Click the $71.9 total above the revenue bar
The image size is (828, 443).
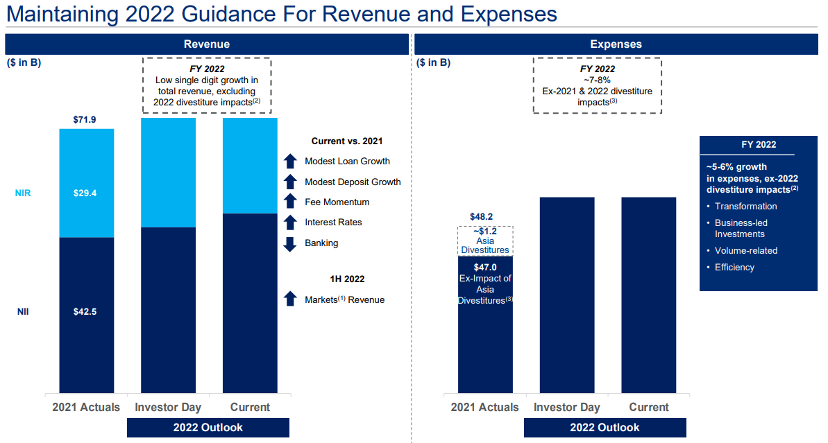[x=85, y=120]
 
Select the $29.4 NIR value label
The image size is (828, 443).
[x=85, y=193]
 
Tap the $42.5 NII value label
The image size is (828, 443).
[x=85, y=311]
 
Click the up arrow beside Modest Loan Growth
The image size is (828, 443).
[x=290, y=162]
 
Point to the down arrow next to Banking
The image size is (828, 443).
[x=290, y=243]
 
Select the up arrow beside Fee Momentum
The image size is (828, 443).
[x=290, y=202]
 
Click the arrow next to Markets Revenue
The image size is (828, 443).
[x=290, y=299]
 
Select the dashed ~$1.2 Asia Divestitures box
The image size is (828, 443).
[x=485, y=241]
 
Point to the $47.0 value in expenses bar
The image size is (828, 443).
[x=484, y=266]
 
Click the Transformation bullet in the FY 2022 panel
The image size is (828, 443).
[x=745, y=206]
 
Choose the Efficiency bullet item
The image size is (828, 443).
[x=734, y=267]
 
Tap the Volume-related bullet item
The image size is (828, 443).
[x=746, y=250]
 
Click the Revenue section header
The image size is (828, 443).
[x=207, y=44]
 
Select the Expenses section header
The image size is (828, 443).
[x=616, y=44]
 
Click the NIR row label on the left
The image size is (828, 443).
[x=24, y=193]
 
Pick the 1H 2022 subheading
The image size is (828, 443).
[x=347, y=279]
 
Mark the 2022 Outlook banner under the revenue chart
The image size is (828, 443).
[x=208, y=427]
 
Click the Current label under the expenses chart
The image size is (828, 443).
[x=649, y=407]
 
